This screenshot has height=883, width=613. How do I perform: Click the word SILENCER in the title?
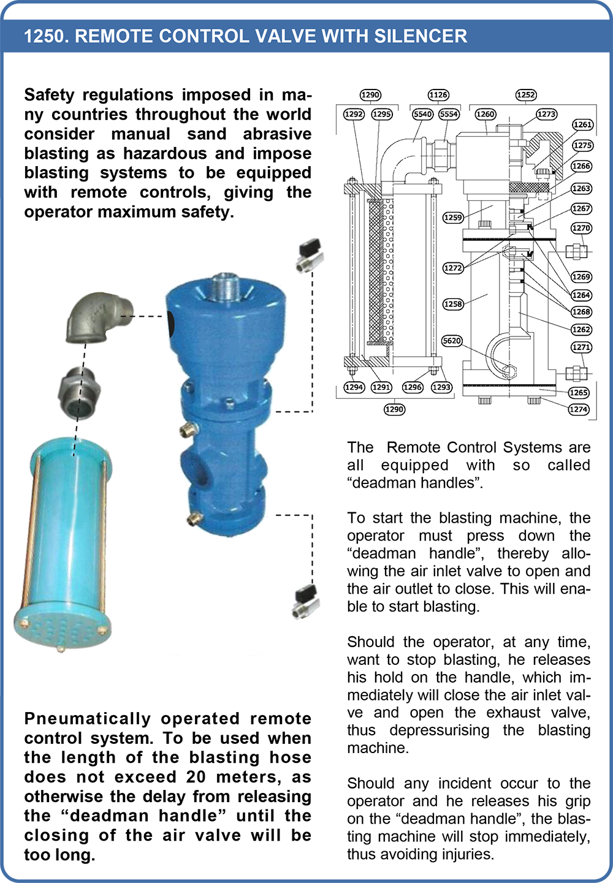(421, 36)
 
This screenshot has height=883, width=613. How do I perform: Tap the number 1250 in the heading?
(44, 36)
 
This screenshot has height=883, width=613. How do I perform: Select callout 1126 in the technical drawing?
(438, 95)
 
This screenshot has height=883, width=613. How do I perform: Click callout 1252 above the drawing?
(526, 95)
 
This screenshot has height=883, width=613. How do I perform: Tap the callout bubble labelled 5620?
(452, 341)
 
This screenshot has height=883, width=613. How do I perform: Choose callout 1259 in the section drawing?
(453, 218)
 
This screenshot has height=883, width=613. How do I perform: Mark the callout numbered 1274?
(579, 409)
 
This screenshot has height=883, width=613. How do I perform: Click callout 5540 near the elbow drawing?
(423, 114)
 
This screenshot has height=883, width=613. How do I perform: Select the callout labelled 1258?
(453, 304)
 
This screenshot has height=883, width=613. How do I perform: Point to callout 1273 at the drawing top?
(546, 114)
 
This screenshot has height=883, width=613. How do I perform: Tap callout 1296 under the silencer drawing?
(413, 387)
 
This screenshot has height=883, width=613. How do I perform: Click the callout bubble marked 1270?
(581, 228)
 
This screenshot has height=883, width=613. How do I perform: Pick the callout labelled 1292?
(354, 114)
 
